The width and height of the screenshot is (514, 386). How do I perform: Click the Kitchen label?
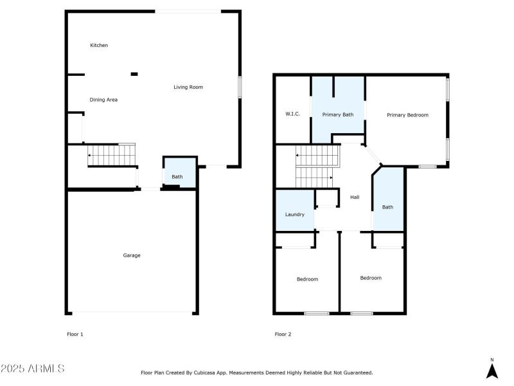[99, 46]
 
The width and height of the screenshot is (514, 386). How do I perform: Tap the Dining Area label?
[103, 100]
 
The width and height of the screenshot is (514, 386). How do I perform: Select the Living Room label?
[188, 87]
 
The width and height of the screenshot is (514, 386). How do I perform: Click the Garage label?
[132, 255]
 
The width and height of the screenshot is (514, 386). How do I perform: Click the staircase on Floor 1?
[112, 155]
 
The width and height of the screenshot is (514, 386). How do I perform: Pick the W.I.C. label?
[293, 114]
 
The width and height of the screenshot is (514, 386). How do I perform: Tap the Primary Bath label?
[338, 115]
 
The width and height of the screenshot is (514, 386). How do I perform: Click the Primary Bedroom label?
[407, 115]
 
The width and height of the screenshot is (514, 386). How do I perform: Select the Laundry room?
[295, 214]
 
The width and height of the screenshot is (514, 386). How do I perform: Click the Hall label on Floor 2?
[355, 197]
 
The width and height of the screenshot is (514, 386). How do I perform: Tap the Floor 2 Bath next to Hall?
[388, 207]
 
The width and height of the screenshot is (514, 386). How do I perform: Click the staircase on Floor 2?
[316, 164]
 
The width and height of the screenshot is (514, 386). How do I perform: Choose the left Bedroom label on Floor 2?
[307, 279]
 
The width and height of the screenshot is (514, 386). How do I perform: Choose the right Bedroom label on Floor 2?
[371, 278]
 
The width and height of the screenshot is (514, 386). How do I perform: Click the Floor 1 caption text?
[75, 334]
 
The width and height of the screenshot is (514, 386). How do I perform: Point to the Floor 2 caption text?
[283, 334]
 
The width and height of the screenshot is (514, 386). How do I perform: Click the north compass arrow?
[492, 370]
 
